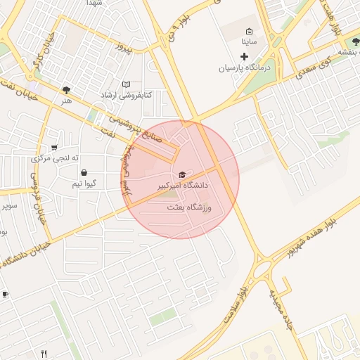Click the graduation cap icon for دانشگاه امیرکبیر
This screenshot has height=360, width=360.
pyautogui.click(x=183, y=174)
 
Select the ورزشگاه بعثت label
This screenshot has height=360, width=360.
pyautogui.click(x=189, y=208)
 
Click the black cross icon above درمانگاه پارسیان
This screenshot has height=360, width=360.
pyautogui.click(x=245, y=56)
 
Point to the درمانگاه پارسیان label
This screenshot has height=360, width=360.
pyautogui.click(x=244, y=68)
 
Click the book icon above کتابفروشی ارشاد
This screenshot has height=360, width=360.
pyautogui.click(x=127, y=84)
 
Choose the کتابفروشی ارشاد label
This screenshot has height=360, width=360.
pyautogui.click(x=126, y=95)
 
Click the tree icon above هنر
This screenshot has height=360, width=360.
pyautogui.click(x=66, y=90)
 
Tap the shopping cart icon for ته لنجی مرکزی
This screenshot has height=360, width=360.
pyautogui.click(x=54, y=148)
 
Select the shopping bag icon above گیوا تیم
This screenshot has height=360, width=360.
pyautogui.click(x=84, y=172)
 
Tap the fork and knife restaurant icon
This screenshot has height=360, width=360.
pyautogui.click(x=44, y=354)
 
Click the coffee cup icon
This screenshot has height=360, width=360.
pyautogui.click(x=4, y=294)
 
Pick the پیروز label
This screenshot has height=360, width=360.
pyautogui.click(x=124, y=49)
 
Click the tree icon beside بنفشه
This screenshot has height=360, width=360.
pyautogui.click(x=332, y=51)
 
